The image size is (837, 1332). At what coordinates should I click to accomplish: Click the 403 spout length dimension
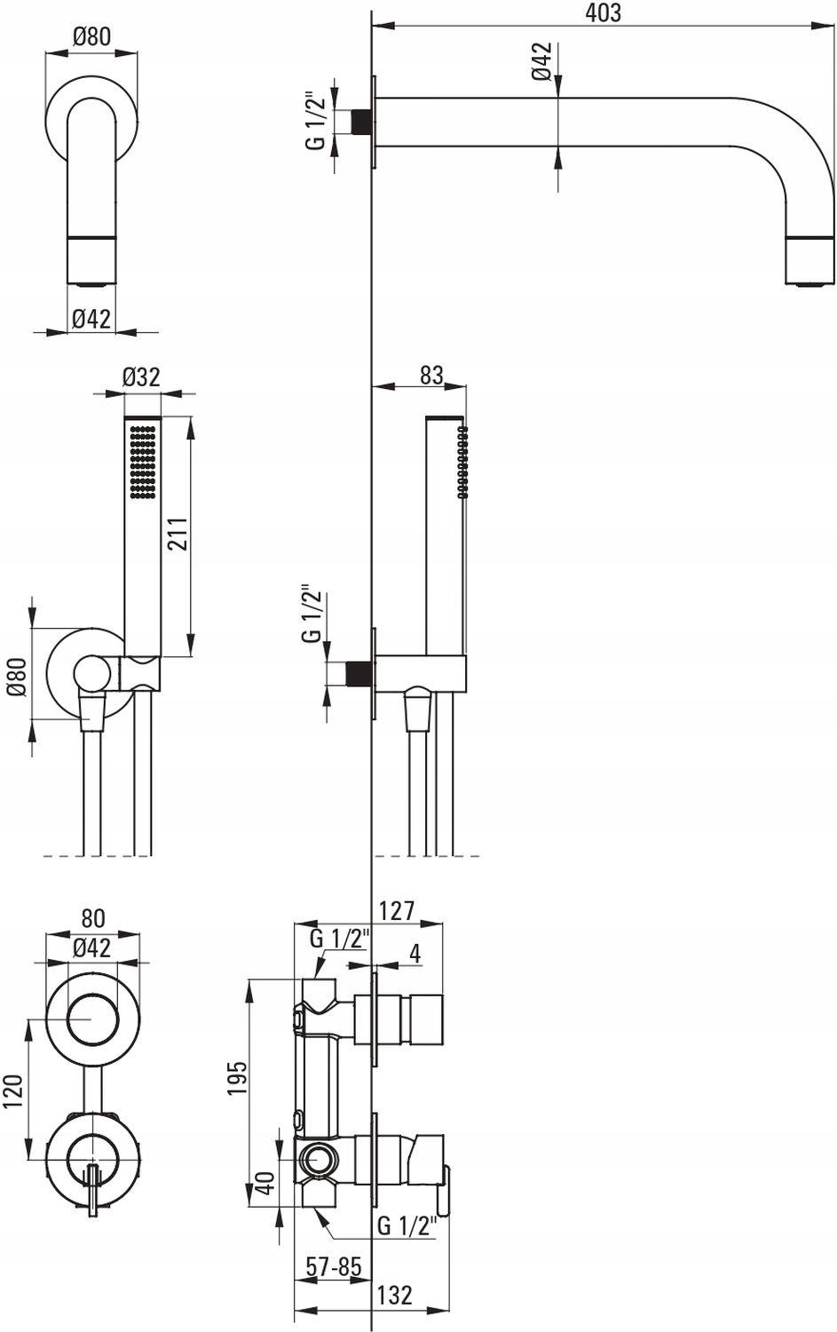point(603,13)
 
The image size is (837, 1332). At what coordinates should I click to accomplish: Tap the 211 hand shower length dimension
point(178,534)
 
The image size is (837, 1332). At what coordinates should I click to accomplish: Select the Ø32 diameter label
point(142,377)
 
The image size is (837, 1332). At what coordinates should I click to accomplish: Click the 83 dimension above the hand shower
point(431,376)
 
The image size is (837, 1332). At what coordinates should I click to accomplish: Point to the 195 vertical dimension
point(237,1077)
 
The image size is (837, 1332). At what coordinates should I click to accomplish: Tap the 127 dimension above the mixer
point(397,910)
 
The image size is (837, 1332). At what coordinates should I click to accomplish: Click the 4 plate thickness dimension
point(415,954)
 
